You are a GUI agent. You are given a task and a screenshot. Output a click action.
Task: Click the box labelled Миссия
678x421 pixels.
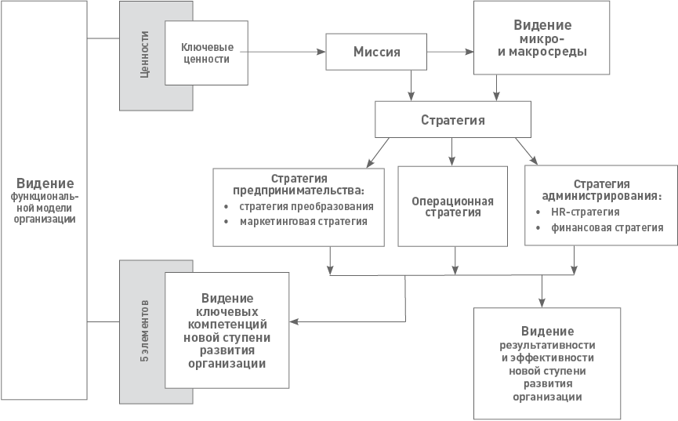click(x=376, y=52)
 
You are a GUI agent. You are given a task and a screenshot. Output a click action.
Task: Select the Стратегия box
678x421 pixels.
click(x=453, y=120)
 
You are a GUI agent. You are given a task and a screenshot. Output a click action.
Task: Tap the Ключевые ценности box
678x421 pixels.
click(x=206, y=53)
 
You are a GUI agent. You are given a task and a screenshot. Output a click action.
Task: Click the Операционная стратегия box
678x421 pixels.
click(x=453, y=206)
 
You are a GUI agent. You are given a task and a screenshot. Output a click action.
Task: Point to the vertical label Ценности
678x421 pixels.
click(x=144, y=55)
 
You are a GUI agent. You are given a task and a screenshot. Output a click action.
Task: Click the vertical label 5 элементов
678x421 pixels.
click(x=144, y=331)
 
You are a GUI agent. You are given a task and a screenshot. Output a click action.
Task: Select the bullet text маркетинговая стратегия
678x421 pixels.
click(x=303, y=222)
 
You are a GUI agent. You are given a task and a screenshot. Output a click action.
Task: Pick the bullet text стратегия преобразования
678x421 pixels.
click(x=306, y=206)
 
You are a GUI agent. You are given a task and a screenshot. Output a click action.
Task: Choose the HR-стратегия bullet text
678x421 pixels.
click(x=585, y=212)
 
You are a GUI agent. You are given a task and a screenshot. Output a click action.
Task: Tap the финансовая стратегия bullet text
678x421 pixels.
click(x=607, y=227)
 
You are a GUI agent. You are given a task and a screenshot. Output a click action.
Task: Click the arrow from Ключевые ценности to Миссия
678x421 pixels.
click(x=283, y=52)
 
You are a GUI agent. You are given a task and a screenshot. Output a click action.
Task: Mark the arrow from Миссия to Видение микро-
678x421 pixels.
click(x=450, y=52)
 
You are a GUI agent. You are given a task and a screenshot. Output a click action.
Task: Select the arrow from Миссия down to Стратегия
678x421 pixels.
click(x=411, y=85)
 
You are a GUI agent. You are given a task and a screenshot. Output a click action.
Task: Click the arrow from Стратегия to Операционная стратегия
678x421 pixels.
click(x=451, y=152)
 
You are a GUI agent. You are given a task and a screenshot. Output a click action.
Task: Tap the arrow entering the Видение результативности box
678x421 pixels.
click(x=542, y=291)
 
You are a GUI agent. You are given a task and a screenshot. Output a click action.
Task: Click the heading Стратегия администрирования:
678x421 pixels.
click(x=601, y=191)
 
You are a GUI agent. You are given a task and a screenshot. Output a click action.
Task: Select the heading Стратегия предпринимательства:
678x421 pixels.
click(x=299, y=185)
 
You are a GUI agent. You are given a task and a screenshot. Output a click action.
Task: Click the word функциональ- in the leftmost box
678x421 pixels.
click(x=45, y=197)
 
